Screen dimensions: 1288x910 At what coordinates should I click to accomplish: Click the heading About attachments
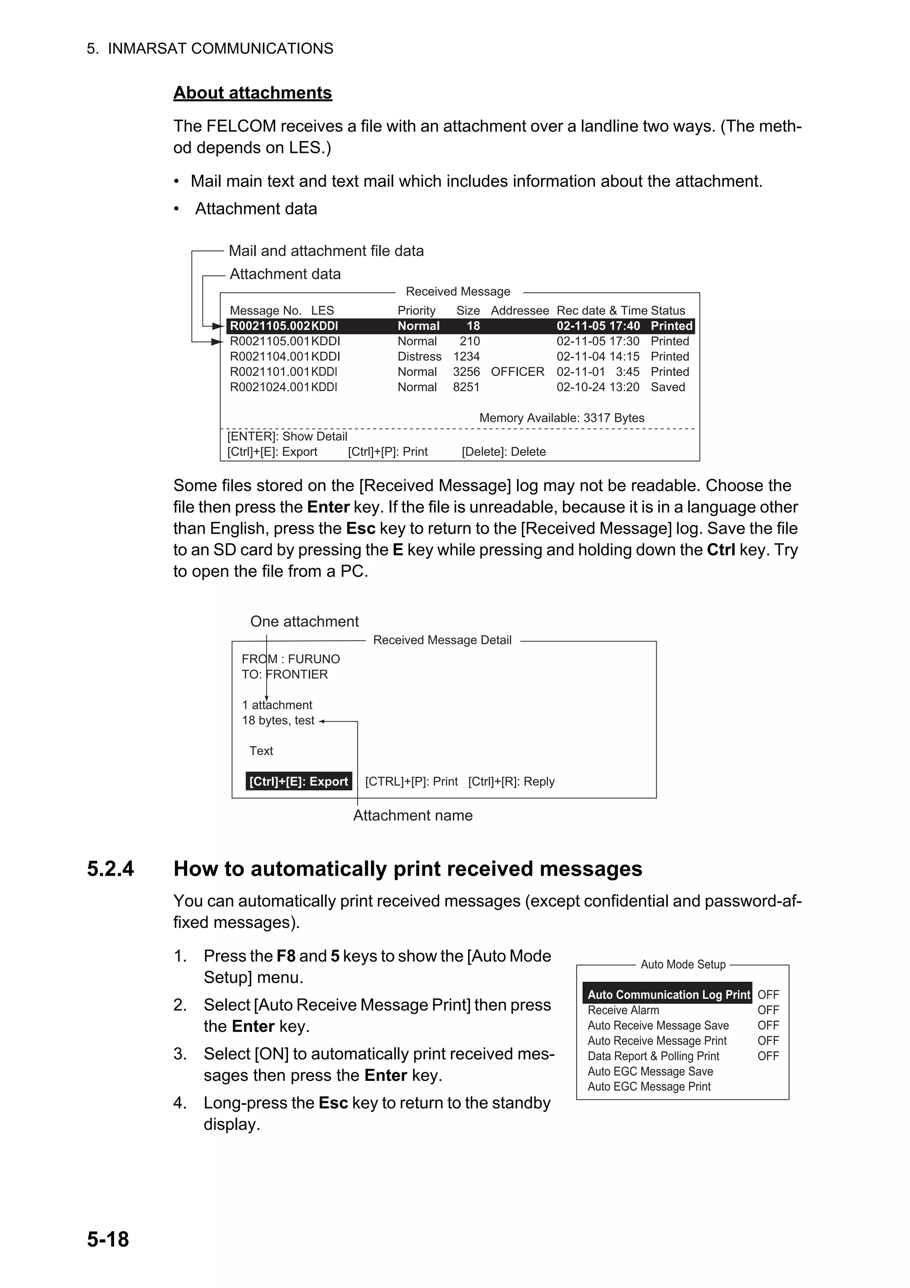252,92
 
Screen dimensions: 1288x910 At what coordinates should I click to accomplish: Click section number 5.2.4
111,868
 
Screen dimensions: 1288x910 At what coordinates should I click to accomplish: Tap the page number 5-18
108,1239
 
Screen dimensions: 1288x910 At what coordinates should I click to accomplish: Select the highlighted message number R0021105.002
270,326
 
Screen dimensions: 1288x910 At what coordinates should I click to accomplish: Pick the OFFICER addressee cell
517,372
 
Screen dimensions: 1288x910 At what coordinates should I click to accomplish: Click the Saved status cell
667,387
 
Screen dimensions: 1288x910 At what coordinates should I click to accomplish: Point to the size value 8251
466,387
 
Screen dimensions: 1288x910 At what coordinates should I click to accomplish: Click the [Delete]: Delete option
503,452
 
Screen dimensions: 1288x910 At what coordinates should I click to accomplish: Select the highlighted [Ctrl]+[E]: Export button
298,781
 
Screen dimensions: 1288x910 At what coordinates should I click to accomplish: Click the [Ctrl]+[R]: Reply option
511,781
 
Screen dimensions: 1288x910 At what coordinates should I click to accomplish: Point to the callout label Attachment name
413,816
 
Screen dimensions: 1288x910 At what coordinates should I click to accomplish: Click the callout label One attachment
304,622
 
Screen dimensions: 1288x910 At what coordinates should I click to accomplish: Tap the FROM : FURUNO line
291,659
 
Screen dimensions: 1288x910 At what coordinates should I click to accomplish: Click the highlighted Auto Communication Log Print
668,995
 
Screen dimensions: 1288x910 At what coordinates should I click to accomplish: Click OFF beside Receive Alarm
767,1010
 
